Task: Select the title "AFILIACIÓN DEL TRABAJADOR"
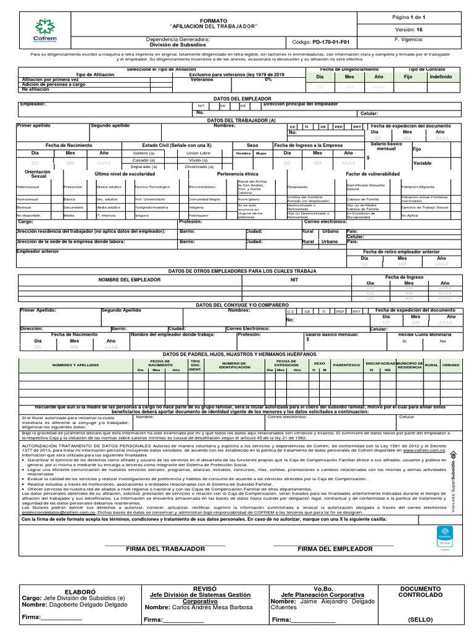tap(214, 25)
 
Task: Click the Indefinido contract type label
tap(440, 77)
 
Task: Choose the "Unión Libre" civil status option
tap(198, 152)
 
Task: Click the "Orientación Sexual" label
tap(38, 174)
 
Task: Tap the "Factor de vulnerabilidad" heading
tap(373, 175)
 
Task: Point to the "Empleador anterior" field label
tap(38, 252)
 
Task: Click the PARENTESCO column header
tap(346, 365)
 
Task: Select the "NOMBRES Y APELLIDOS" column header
tap(76, 365)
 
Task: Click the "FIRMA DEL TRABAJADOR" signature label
tap(165, 549)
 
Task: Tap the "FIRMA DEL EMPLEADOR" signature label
tap(335, 549)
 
